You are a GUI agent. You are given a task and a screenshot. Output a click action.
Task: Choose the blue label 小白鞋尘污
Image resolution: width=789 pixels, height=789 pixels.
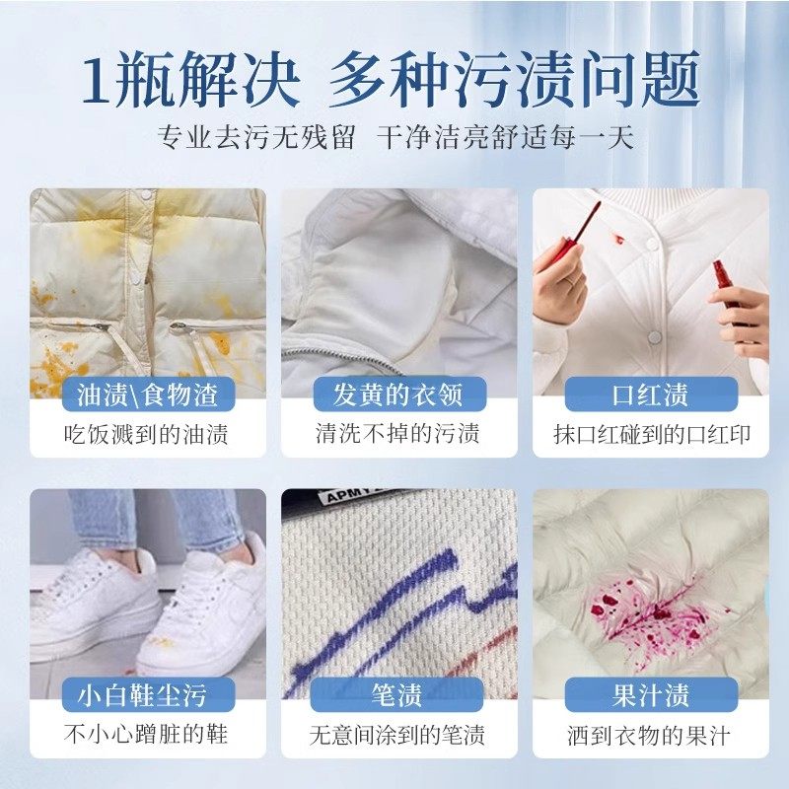[147, 694]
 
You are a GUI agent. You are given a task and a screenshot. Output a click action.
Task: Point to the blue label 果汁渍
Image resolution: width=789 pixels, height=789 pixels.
[650, 694]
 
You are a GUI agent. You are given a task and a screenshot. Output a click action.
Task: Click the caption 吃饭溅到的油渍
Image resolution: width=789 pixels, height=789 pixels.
[147, 434]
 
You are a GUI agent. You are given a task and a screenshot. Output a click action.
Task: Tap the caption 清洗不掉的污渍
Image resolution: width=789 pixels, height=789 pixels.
[397, 434]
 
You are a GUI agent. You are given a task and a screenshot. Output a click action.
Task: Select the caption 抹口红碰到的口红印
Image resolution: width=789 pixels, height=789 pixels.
[650, 434]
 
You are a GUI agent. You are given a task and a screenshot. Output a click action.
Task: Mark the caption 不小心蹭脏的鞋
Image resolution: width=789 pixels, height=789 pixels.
[147, 735]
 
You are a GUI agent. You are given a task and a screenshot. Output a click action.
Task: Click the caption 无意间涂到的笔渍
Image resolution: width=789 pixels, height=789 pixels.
[397, 735]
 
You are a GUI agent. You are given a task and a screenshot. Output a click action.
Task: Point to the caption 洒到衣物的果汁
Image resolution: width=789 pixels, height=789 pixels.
[650, 735]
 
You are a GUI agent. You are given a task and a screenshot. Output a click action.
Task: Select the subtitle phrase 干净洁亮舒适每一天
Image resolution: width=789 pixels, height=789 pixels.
[505, 137]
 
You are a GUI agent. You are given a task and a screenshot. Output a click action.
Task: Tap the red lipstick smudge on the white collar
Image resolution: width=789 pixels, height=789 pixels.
[616, 240]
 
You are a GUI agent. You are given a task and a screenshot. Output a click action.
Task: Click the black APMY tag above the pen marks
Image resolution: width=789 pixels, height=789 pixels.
[340, 501]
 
